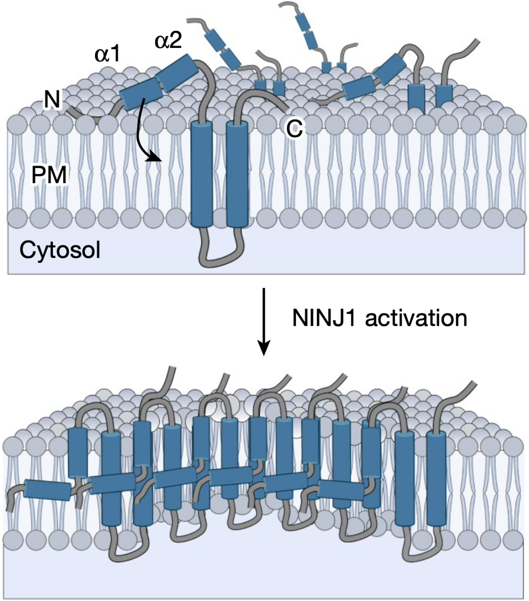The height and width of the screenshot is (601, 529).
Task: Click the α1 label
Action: pos(107,54)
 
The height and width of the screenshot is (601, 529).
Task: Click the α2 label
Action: pos(168,41)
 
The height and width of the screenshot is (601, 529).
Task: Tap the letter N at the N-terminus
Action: pos(52,100)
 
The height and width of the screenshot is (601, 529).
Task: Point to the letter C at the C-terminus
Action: pos(294,129)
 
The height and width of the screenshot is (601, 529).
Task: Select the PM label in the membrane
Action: pos(49,175)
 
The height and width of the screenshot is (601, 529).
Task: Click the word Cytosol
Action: pos(60,250)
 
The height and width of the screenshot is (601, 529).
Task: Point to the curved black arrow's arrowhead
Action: pos(156,158)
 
